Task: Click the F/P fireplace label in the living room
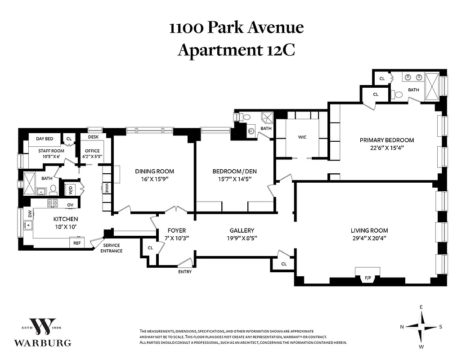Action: [x=367, y=278]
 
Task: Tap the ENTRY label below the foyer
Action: [x=185, y=272]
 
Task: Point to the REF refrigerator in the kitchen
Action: [x=77, y=243]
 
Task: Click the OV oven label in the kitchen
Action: [x=70, y=205]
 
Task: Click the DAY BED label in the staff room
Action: [x=45, y=139]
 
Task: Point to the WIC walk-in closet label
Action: [x=302, y=137]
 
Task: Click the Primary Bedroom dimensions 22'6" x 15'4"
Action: [x=386, y=148]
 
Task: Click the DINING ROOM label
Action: [x=154, y=171]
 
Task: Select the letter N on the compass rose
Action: [x=402, y=327]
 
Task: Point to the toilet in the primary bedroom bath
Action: [x=398, y=95]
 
